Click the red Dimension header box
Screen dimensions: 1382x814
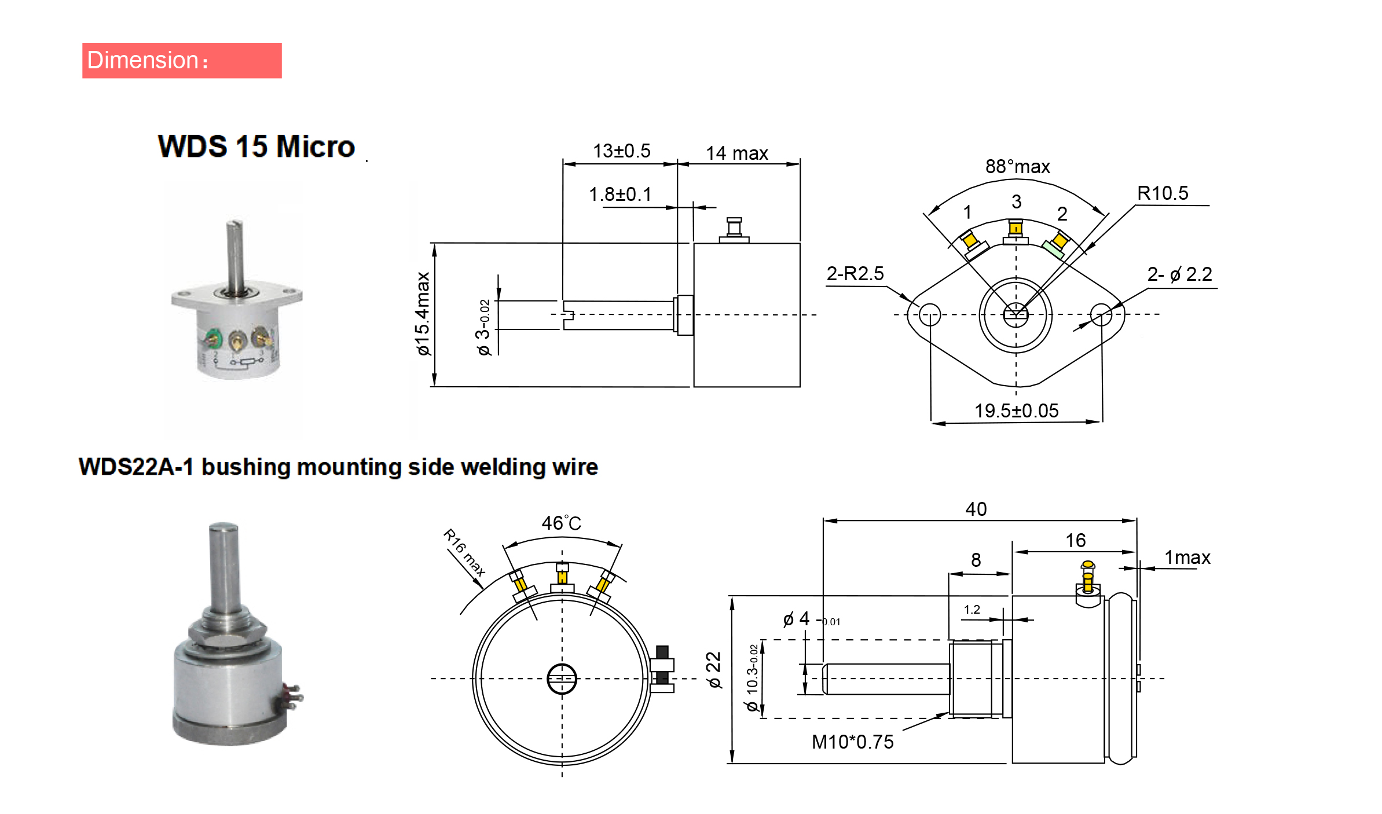click(182, 60)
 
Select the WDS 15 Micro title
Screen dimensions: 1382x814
click(256, 146)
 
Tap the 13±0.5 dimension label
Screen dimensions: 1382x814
click(621, 151)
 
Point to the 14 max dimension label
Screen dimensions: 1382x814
click(736, 153)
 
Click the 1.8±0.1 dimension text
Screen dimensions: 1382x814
click(620, 195)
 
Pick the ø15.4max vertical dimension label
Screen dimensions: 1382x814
click(423, 313)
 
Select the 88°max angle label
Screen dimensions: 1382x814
click(1017, 167)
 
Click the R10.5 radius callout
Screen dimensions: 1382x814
click(1163, 193)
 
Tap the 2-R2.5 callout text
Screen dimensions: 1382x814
click(855, 273)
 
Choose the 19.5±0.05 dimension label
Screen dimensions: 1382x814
click(1016, 410)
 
